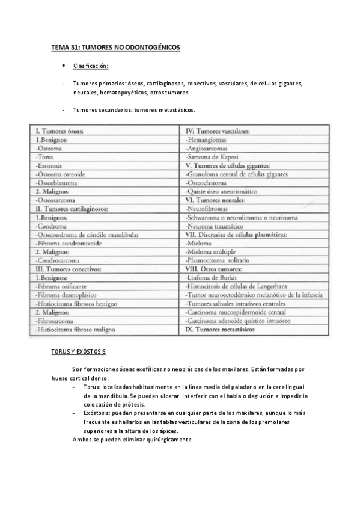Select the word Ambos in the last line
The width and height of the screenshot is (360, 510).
pos(81,439)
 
